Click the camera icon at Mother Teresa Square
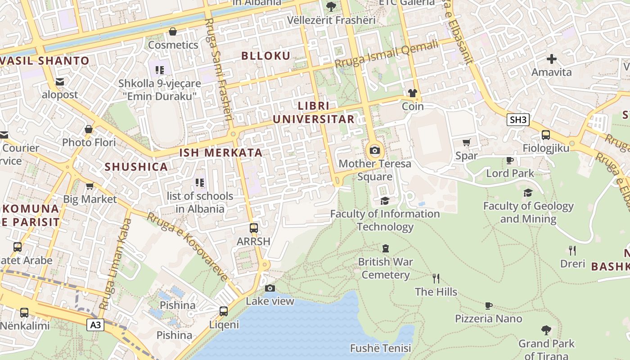[x=374, y=151]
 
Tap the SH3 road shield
[x=517, y=120]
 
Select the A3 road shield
[x=95, y=325]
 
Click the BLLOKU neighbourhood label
[x=266, y=56]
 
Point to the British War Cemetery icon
[x=385, y=248]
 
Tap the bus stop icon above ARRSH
[x=254, y=228]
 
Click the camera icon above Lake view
[x=270, y=288]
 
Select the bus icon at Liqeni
[x=223, y=311]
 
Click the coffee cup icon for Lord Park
[x=509, y=160]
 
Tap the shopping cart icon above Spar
[x=466, y=143]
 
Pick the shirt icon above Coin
[x=412, y=93]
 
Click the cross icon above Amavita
[x=551, y=59]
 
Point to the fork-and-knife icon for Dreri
[x=572, y=250]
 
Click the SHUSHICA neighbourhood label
[x=136, y=167]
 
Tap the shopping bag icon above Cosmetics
[x=172, y=31]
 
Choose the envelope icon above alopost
[x=59, y=82]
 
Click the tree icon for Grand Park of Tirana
[x=546, y=331]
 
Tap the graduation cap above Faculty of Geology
[x=528, y=193]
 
